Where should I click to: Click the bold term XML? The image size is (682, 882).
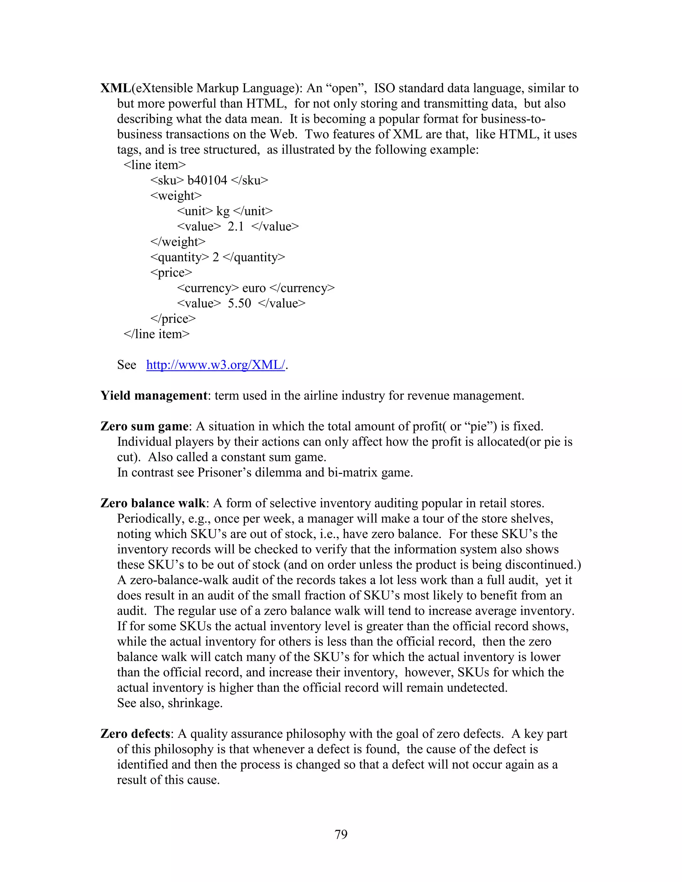pyautogui.click(x=116, y=88)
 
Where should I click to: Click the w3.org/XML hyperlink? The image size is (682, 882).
pyautogui.click(x=215, y=365)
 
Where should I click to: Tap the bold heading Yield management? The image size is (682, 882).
pyautogui.click(x=154, y=395)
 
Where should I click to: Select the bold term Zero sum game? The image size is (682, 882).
pyautogui.click(x=144, y=426)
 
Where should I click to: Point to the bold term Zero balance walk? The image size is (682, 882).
pyautogui.click(x=153, y=503)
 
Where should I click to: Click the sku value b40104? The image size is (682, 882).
pyautogui.click(x=207, y=180)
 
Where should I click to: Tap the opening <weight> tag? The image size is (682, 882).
pyautogui.click(x=176, y=195)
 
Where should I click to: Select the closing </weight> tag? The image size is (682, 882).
pyautogui.click(x=178, y=242)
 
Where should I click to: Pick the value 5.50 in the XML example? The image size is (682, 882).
pyautogui.click(x=239, y=303)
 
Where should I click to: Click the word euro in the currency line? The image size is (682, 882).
pyautogui.click(x=254, y=288)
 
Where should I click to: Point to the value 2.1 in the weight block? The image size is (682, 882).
pyautogui.click(x=235, y=226)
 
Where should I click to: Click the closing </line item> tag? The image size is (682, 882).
pyautogui.click(x=157, y=334)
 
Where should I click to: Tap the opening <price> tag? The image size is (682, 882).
pyautogui.click(x=171, y=273)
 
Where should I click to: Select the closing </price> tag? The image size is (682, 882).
pyautogui.click(x=173, y=319)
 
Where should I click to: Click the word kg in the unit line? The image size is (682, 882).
pyautogui.click(x=223, y=211)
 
